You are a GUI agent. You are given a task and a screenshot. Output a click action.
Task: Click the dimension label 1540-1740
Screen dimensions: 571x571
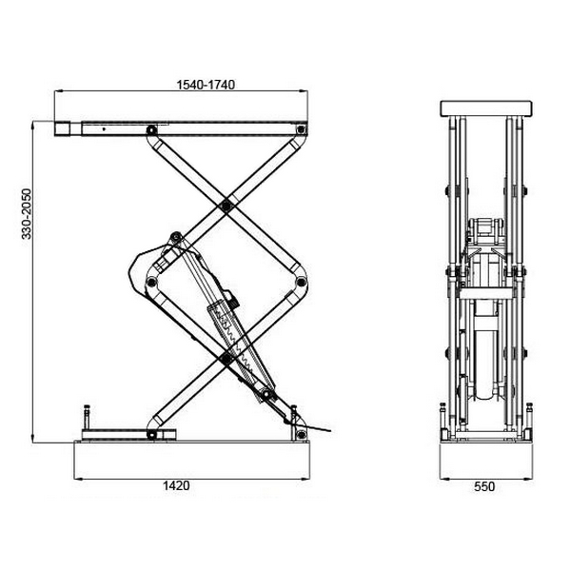[206, 85]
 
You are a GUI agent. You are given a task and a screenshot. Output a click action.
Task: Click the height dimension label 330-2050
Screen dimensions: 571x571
[27, 214]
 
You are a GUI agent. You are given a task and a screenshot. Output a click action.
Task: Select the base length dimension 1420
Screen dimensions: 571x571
[176, 485]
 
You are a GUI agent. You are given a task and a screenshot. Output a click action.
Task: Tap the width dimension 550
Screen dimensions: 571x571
[484, 486]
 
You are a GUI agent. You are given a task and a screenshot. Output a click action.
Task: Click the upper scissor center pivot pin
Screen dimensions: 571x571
[226, 207]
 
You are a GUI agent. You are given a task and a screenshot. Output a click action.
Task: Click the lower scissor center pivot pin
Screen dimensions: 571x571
[226, 359]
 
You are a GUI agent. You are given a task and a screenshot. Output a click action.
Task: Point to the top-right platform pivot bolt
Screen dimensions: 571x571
[301, 129]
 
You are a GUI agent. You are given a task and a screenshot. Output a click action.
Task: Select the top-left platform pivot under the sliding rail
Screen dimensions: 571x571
[151, 130]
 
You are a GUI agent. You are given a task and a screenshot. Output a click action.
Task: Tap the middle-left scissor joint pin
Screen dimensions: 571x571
[150, 282]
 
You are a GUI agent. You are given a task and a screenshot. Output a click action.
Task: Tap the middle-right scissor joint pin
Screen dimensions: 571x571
[301, 282]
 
